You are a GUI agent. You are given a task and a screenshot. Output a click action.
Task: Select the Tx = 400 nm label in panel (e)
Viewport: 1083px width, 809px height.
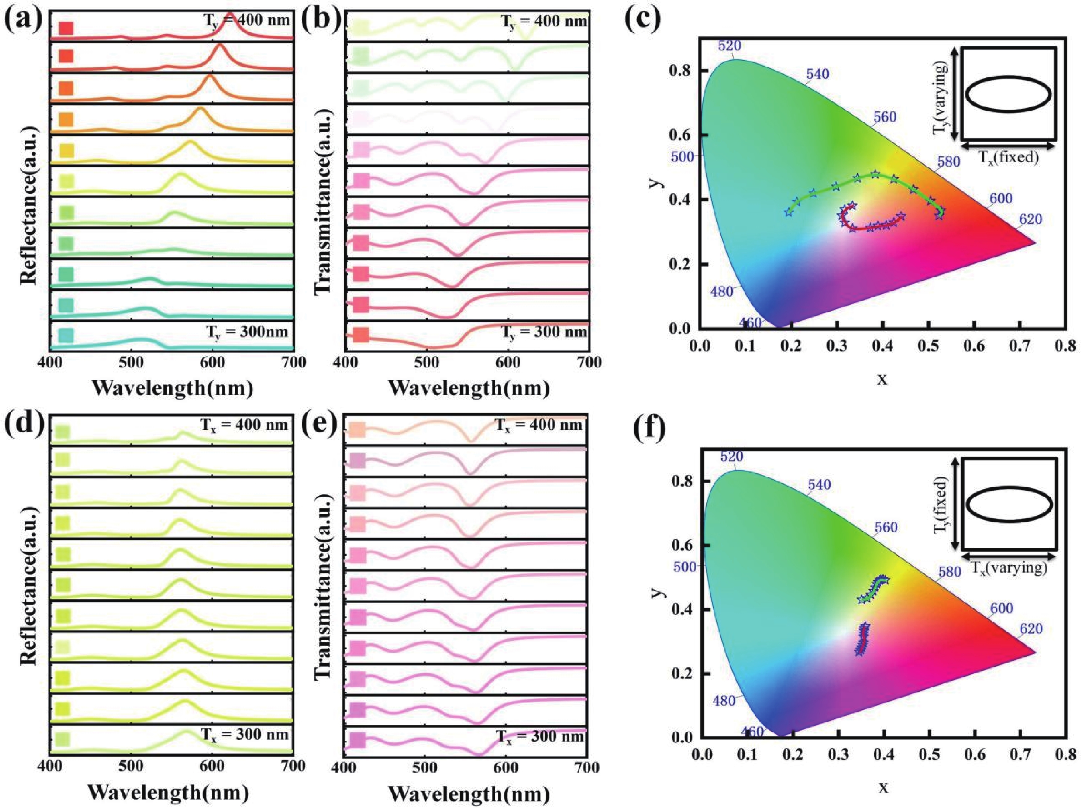click(538, 424)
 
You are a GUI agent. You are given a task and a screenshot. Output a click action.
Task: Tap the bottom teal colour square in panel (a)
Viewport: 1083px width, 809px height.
click(66, 335)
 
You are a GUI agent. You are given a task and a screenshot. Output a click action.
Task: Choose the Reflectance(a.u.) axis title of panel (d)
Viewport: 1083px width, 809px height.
click(29, 585)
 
